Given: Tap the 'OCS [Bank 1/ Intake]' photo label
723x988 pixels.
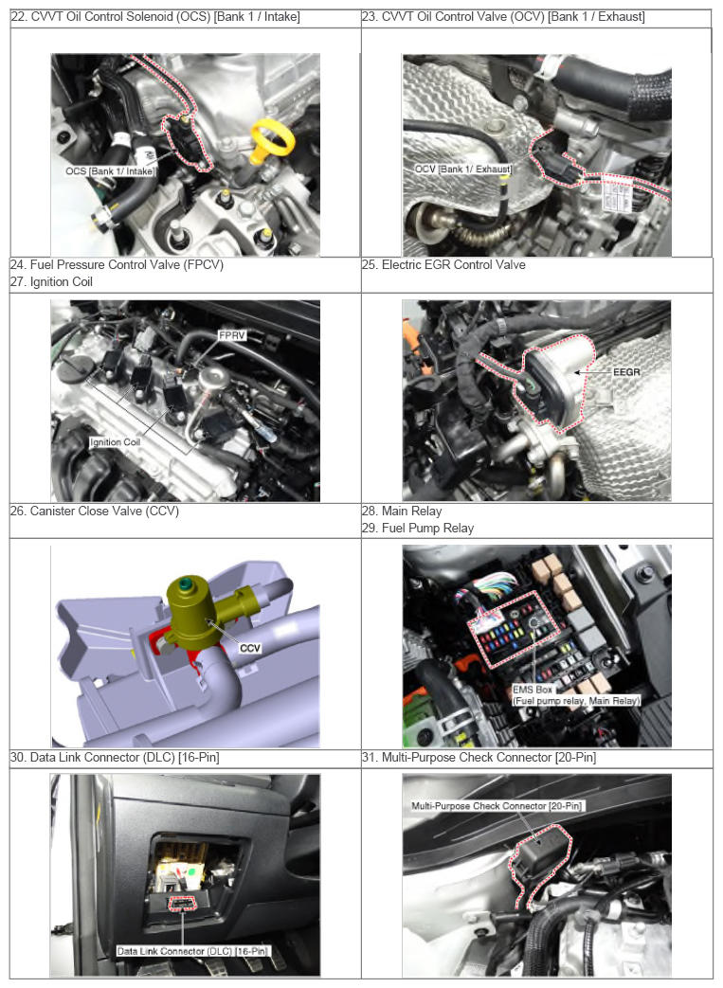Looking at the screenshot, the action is click(110, 171).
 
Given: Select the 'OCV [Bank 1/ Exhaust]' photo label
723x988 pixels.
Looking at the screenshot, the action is click(462, 169).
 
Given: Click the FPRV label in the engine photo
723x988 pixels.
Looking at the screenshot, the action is click(232, 335).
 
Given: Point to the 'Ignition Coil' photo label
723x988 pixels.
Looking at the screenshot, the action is click(115, 442).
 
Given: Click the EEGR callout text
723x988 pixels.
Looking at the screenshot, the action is click(626, 372).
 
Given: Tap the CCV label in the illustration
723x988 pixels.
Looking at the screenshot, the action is click(249, 648).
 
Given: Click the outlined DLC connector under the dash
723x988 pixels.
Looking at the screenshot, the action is click(183, 904).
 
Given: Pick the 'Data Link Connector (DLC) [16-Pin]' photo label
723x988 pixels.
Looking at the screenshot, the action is click(192, 951).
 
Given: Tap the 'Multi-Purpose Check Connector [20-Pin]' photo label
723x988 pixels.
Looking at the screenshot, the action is click(497, 805).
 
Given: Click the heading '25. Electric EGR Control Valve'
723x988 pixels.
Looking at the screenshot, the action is click(443, 264).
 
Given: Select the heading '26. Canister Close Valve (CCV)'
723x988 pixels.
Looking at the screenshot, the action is click(95, 511).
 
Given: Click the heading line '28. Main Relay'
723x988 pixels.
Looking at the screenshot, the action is click(402, 511).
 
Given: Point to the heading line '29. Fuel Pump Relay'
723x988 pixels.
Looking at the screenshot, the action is click(418, 528).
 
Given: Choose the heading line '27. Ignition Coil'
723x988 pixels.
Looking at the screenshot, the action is click(52, 281).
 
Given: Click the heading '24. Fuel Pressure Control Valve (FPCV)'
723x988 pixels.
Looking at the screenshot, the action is click(117, 264).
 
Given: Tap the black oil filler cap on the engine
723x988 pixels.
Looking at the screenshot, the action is click(80, 365).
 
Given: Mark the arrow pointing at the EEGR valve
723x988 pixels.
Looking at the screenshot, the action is click(592, 372).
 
